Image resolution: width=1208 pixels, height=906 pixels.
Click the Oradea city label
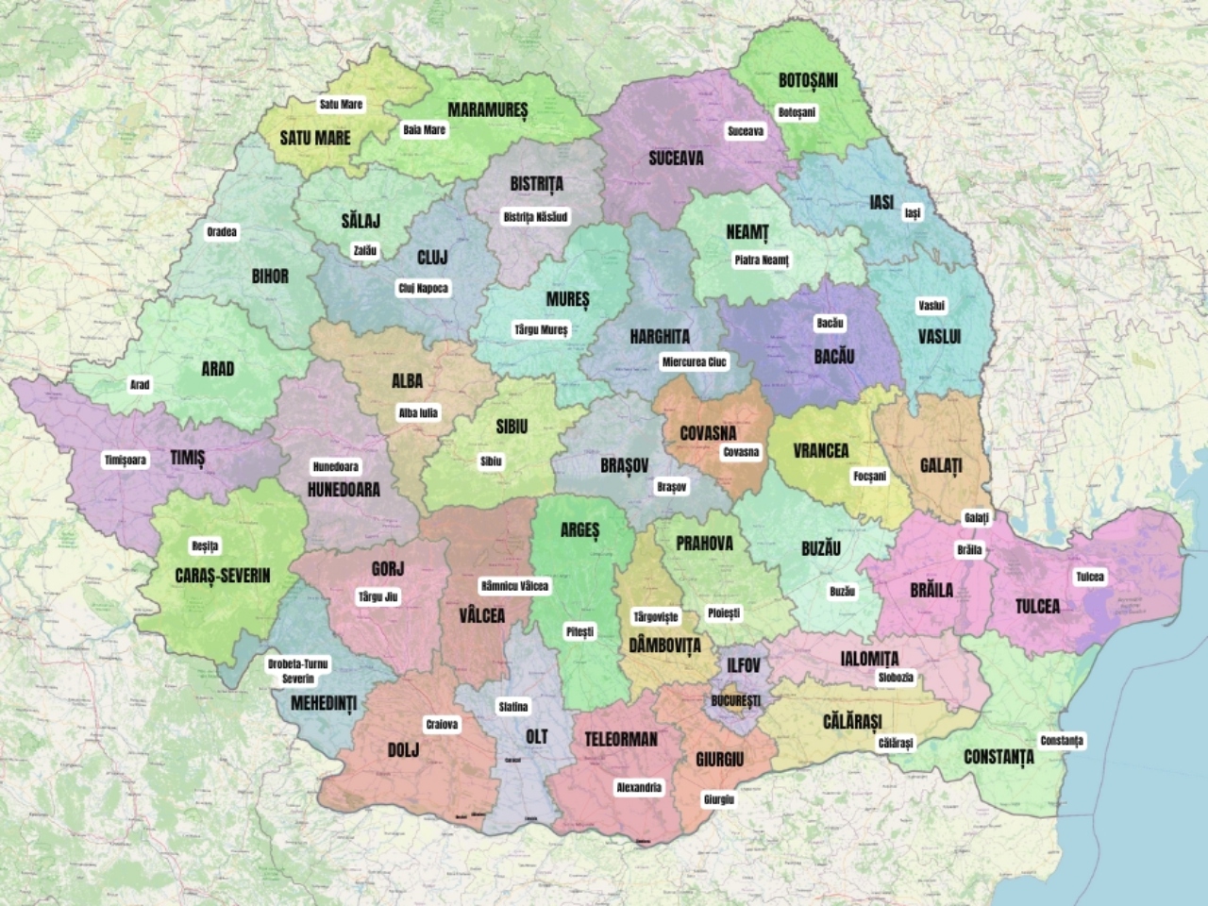tap(223, 232)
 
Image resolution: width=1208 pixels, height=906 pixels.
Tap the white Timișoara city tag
tap(126, 461)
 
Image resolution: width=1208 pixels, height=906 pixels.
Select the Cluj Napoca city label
tap(423, 289)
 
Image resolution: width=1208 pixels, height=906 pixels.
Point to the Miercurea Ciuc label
tap(695, 362)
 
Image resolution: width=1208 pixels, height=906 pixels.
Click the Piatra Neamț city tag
tap(761, 260)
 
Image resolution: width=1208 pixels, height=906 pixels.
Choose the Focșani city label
tap(869, 477)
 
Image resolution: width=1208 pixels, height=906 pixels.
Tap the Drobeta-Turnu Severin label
tap(297, 671)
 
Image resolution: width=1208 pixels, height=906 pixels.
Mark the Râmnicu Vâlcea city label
tap(514, 586)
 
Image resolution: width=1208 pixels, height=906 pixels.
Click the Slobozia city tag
tap(895, 678)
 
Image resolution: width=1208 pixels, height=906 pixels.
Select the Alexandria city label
tap(639, 787)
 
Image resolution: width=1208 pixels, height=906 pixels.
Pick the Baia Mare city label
tap(424, 130)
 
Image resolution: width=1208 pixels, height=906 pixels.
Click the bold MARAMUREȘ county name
tap(488, 110)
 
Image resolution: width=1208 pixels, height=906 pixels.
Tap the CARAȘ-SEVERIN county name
tap(223, 576)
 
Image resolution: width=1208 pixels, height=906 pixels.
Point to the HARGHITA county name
tap(660, 337)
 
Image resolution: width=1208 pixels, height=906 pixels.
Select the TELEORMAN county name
tap(621, 739)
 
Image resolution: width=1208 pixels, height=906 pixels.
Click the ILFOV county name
tap(743, 665)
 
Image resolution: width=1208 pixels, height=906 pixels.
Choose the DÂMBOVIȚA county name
tap(665, 646)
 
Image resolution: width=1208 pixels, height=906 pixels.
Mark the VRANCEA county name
tap(820, 451)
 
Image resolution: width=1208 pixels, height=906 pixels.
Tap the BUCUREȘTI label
tap(735, 701)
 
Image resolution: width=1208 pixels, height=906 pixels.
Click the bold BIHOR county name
tap(270, 277)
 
